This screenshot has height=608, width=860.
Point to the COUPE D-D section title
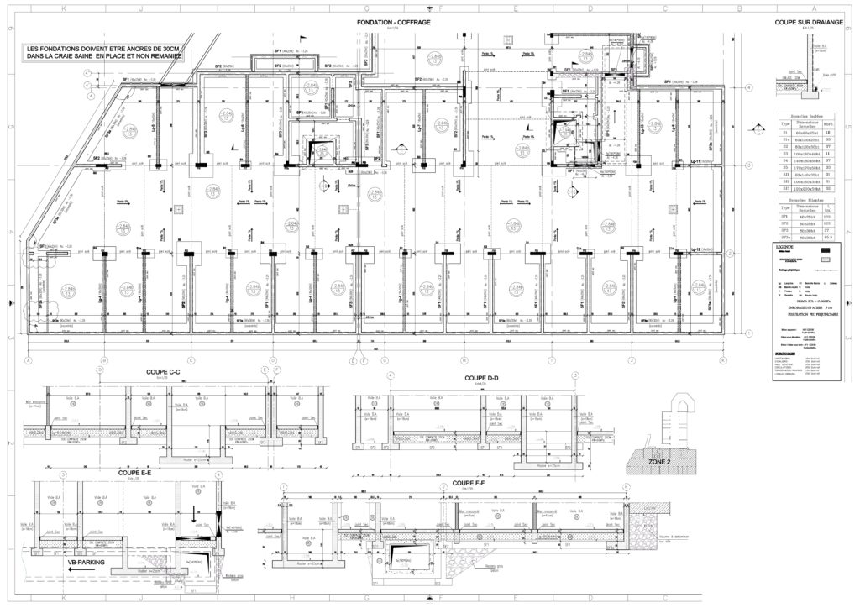483,378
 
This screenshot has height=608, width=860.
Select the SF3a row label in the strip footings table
785,238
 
